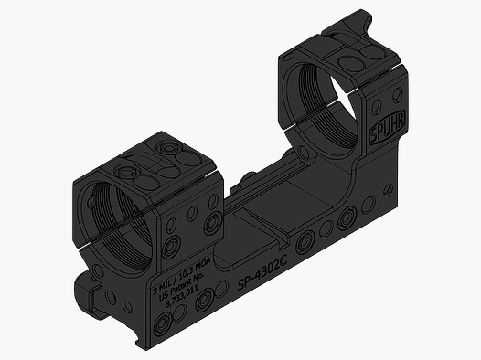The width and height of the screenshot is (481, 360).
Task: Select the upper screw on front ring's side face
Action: pos(214,222)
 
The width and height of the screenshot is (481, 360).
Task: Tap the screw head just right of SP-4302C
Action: pos(305,241)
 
